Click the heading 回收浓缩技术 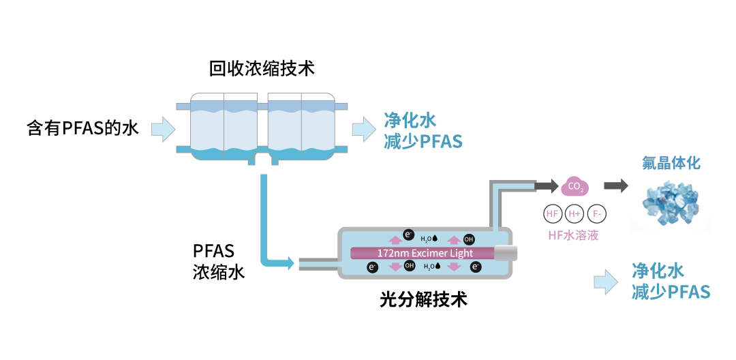point(262,69)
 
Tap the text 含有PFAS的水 point(82,128)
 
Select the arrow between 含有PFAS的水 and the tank point(163,128)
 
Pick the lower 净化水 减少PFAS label point(671,282)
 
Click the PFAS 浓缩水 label point(218,261)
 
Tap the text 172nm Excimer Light point(425,253)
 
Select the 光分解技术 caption point(423,299)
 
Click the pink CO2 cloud point(574,185)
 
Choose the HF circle point(552,213)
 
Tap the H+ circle point(574,213)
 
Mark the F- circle point(596,213)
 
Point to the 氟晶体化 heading point(671,163)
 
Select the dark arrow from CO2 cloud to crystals point(615,185)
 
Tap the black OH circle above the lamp point(469,239)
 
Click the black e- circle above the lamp point(408,235)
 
